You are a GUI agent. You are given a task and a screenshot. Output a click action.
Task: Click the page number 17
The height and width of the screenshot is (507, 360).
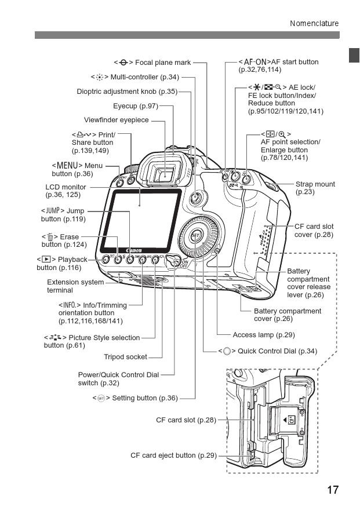tap(332, 490)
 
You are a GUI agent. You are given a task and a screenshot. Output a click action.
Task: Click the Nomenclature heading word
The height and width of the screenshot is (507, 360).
tap(314, 23)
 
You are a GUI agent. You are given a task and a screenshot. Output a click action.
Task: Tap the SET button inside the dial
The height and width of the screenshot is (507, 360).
tap(196, 235)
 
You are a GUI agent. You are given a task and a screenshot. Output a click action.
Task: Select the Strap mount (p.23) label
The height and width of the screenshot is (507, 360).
tap(315, 188)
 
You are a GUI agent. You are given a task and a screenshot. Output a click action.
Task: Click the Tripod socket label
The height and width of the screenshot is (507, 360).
tap(125, 356)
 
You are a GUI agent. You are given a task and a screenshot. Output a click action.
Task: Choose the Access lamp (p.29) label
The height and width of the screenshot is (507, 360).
tap(264, 335)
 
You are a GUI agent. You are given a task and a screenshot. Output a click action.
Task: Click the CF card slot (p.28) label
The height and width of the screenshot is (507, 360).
tap(186, 419)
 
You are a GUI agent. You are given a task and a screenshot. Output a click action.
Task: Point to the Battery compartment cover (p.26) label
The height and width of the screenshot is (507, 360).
tap(288, 315)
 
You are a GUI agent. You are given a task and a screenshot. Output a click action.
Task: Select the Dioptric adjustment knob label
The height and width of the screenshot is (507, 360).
tap(127, 92)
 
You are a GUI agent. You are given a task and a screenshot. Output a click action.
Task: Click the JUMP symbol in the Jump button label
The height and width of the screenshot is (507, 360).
tap(52, 210)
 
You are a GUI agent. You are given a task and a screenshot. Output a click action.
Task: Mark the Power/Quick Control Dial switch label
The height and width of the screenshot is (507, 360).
tap(118, 378)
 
